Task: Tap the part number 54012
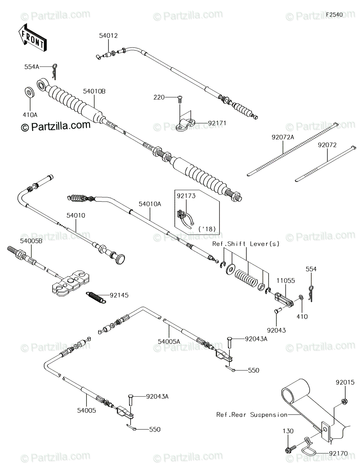(x=108, y=36)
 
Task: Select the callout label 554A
(x=32, y=67)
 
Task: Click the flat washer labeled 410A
(x=29, y=93)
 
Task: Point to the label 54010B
(x=94, y=91)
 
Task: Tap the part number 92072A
(x=283, y=137)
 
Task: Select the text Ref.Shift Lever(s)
(x=246, y=244)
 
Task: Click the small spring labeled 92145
(x=96, y=297)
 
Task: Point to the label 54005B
(x=31, y=241)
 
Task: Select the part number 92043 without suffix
(x=276, y=331)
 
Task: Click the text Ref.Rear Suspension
(x=252, y=415)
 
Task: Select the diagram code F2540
(x=334, y=15)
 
